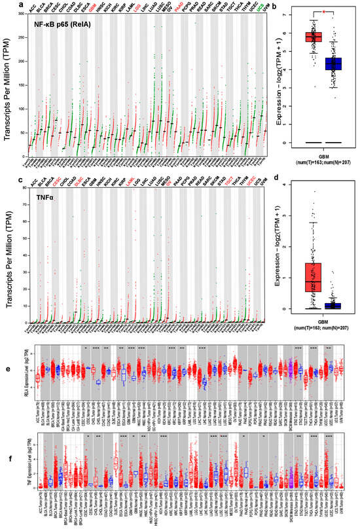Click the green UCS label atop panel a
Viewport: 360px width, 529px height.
click(262, 9)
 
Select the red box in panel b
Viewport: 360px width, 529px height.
click(318, 37)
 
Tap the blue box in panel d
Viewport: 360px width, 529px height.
click(334, 305)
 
